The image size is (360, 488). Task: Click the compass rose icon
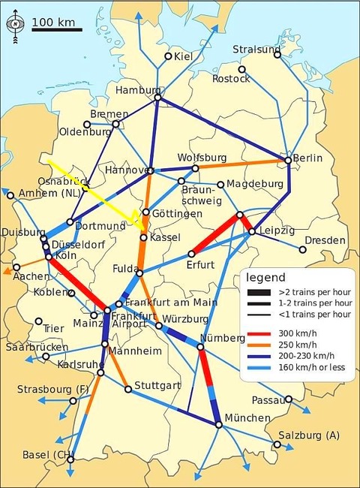[x=15, y=23]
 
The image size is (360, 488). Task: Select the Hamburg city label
[x=139, y=90]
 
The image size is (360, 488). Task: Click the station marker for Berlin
[x=288, y=160]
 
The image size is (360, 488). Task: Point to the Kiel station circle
[x=167, y=56]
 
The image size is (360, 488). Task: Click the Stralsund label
[x=256, y=50]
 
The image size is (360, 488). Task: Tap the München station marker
[x=218, y=425]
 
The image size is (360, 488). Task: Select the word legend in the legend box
[x=265, y=277]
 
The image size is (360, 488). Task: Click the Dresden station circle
[x=303, y=250]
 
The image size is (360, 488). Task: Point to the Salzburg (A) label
[x=308, y=435]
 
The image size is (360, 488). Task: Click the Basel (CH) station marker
[x=70, y=453]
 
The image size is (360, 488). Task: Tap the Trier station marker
[x=38, y=321]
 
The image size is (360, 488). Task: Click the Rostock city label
[x=230, y=78]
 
